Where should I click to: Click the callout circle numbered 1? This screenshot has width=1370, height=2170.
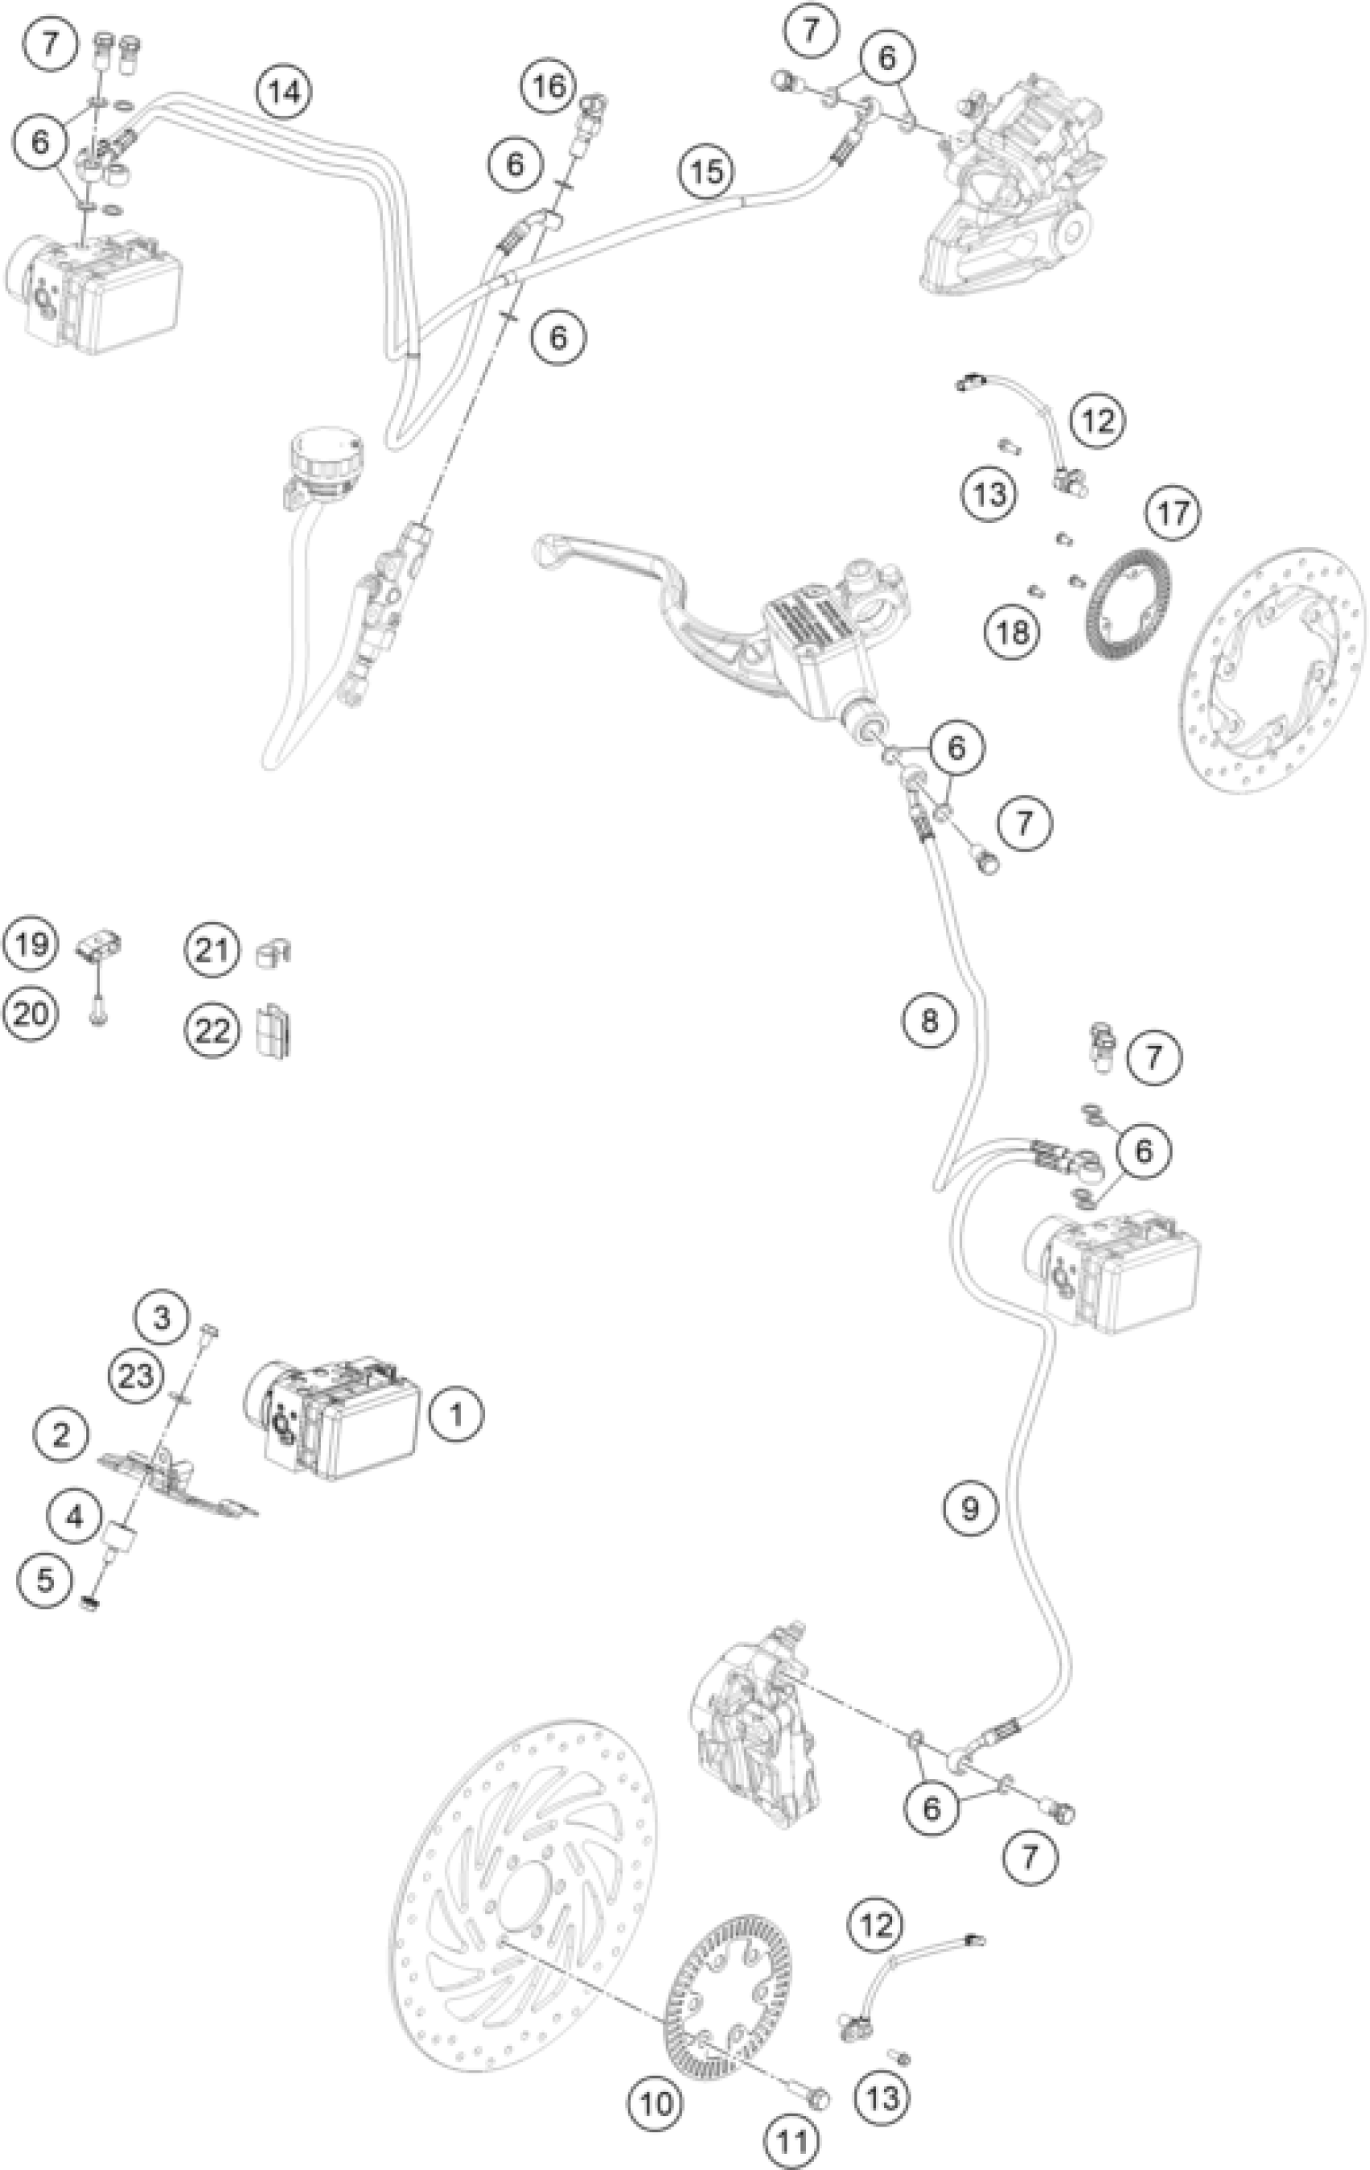(x=456, y=1413)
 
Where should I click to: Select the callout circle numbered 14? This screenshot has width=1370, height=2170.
(x=284, y=91)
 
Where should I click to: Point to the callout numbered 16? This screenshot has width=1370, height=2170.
(x=549, y=86)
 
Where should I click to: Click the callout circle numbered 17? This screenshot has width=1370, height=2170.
(x=1173, y=512)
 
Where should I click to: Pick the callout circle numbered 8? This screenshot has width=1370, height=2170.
(x=929, y=1020)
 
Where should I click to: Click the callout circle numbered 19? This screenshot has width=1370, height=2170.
(x=30, y=945)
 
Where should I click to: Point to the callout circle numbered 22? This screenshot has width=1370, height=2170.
(x=213, y=1029)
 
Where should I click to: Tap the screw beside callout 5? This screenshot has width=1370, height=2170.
(x=89, y=1604)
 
